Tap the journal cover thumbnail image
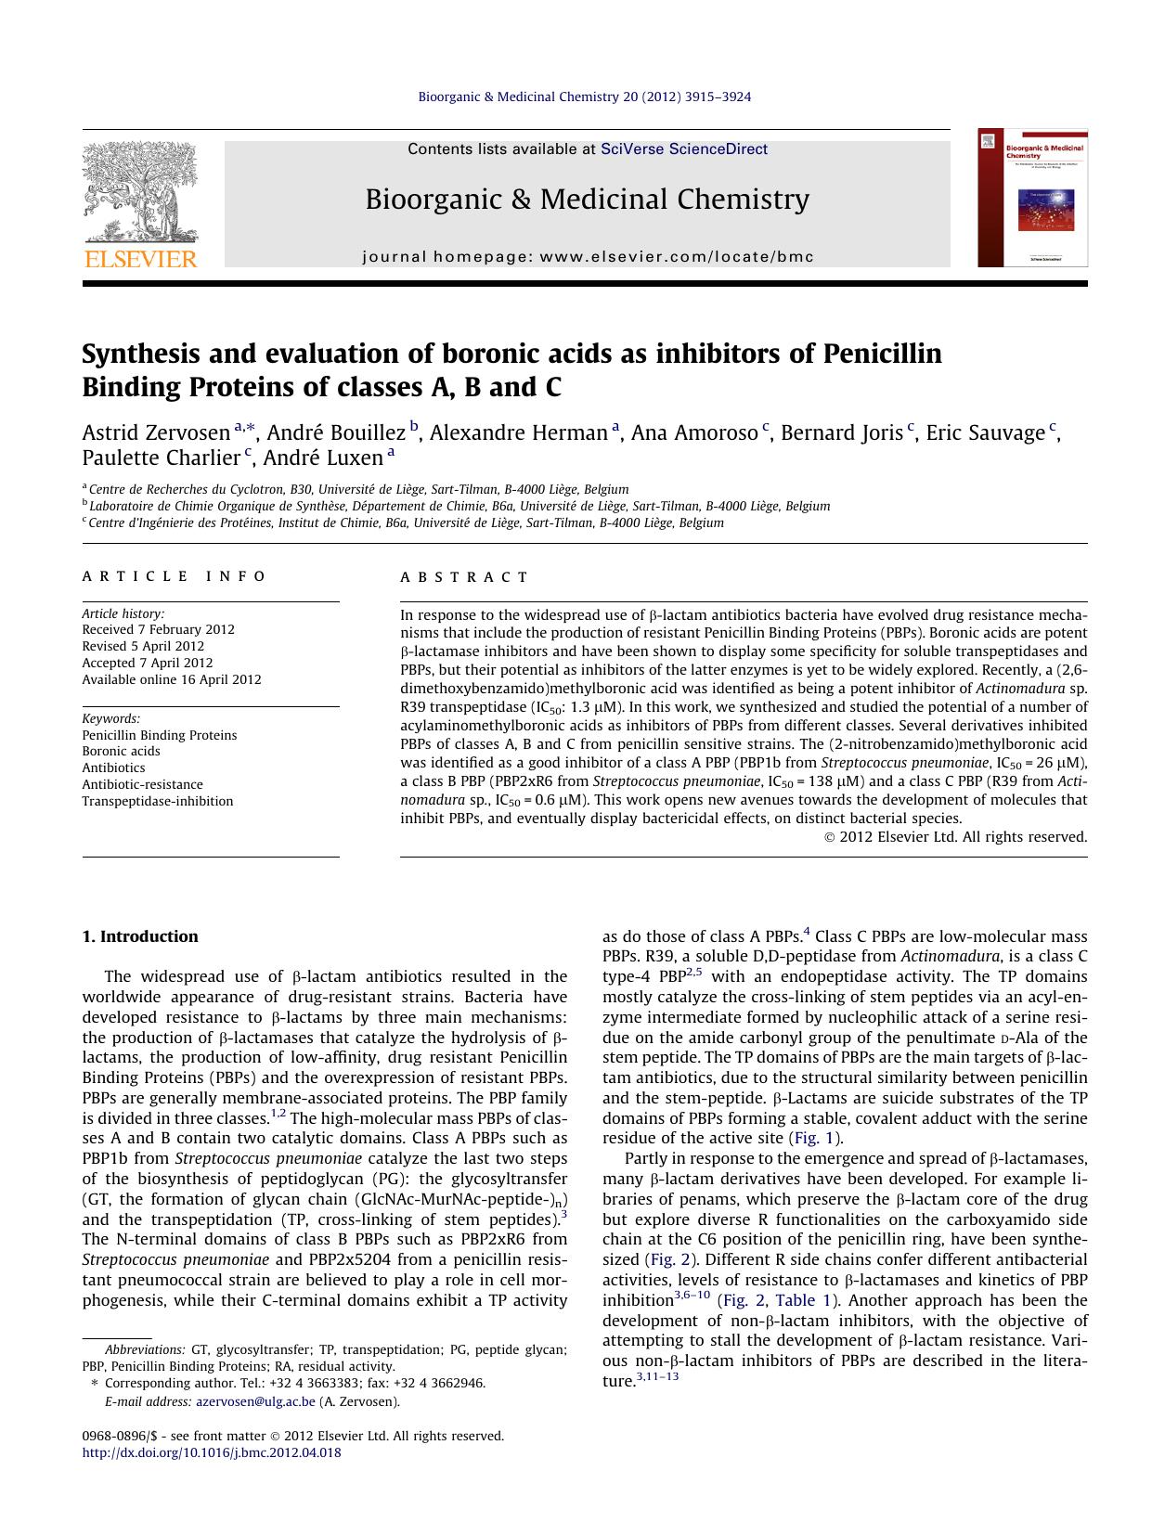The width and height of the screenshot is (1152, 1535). click(1032, 199)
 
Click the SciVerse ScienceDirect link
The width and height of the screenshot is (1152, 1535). click(684, 148)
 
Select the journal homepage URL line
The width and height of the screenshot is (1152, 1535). click(588, 257)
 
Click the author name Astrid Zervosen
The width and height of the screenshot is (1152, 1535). click(156, 433)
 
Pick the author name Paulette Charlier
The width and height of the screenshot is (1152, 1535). click(161, 458)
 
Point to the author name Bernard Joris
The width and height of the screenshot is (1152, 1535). click(841, 433)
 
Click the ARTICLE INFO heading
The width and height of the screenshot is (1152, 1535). click(174, 576)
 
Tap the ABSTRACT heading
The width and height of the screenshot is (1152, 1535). click(464, 577)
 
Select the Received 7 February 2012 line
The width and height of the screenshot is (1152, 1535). click(158, 629)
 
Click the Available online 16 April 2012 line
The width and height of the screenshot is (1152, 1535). click(172, 679)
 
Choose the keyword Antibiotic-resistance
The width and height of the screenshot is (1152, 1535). click(142, 784)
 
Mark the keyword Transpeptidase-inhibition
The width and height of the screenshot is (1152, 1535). click(158, 801)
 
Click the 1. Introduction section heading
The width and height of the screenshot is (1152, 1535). click(140, 936)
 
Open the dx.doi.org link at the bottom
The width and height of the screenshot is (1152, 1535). click(212, 1452)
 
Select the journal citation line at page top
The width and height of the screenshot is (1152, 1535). click(585, 97)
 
